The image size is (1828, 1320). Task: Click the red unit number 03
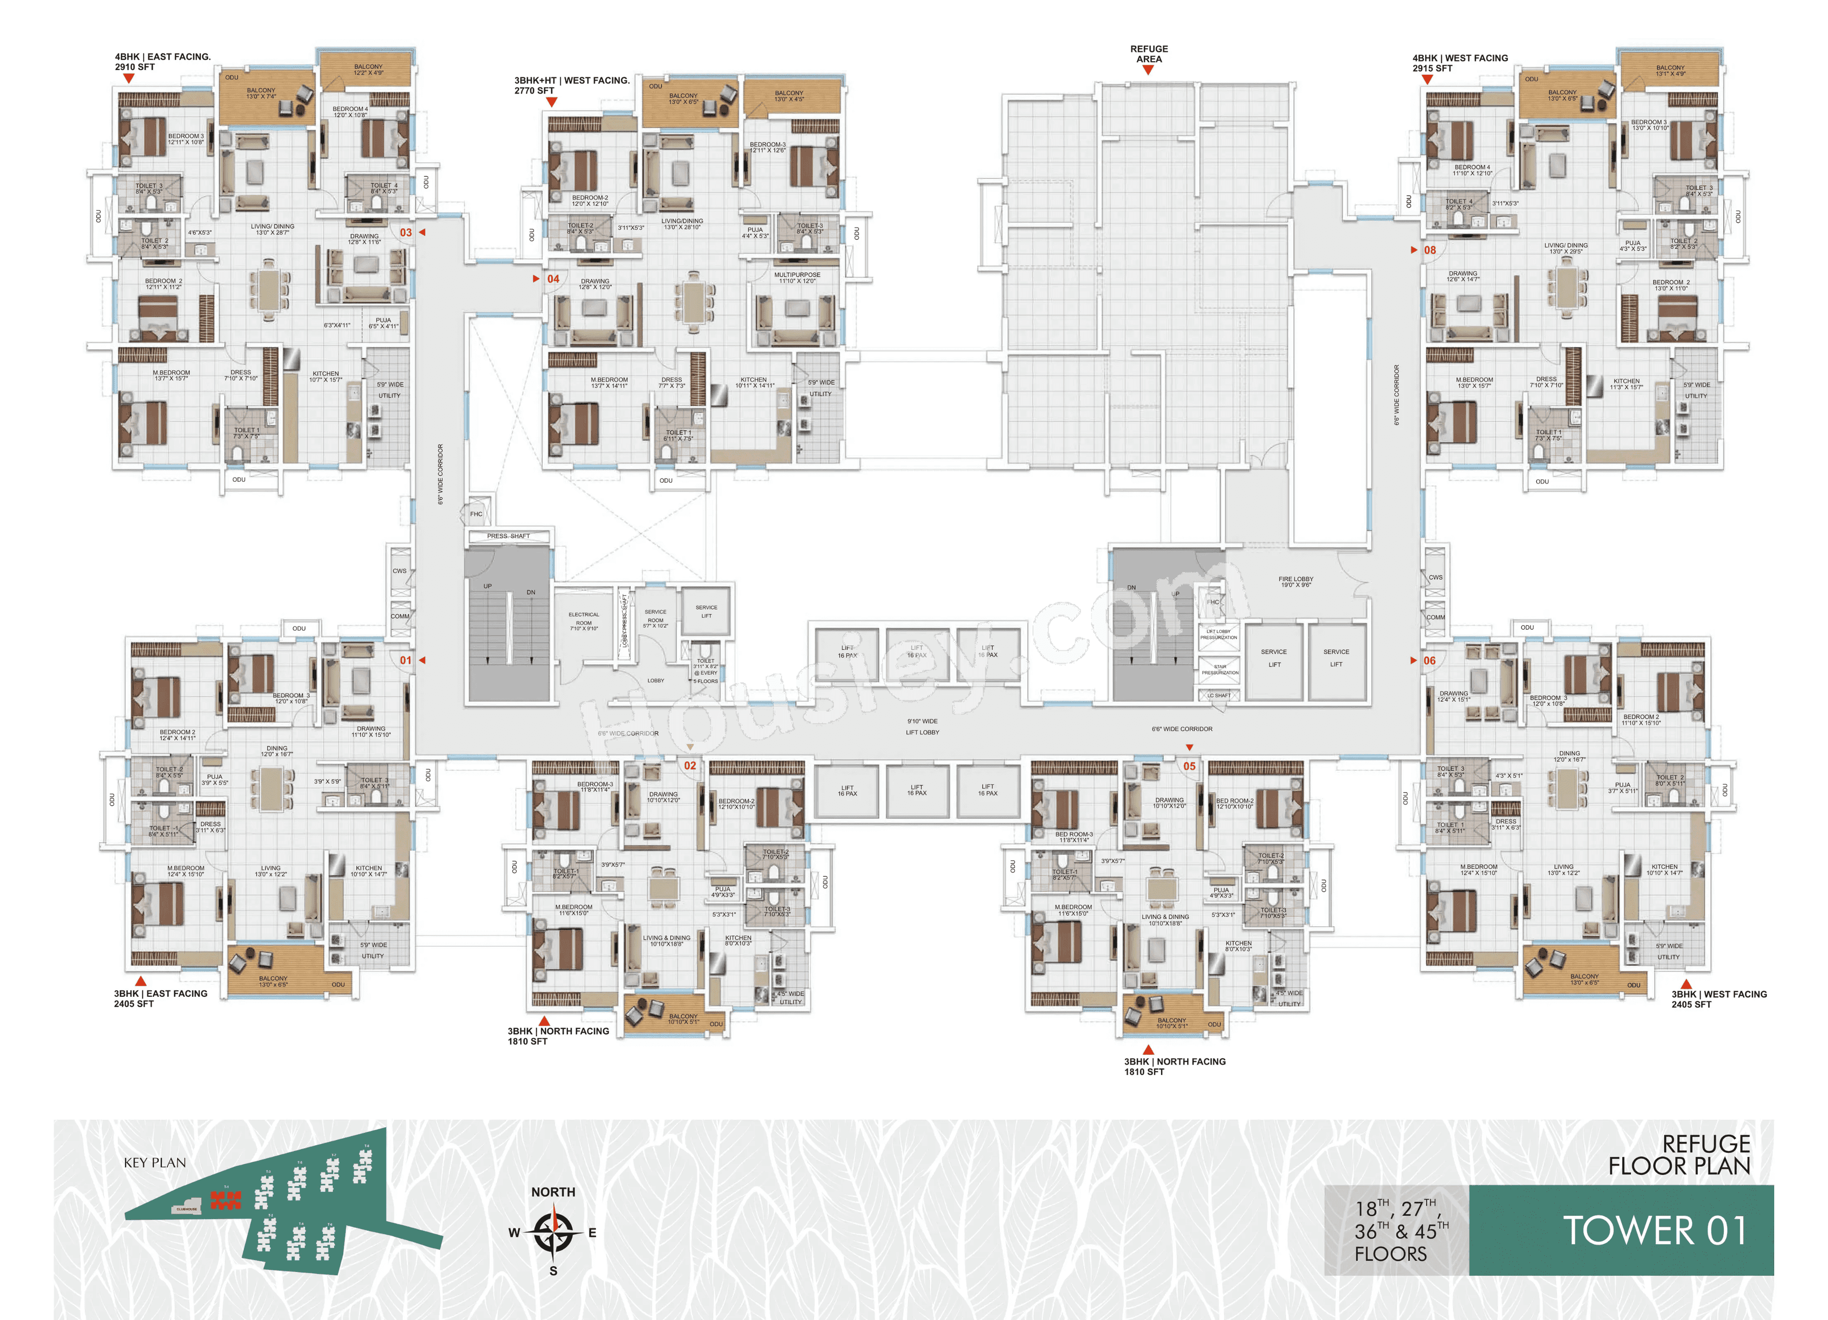(x=406, y=232)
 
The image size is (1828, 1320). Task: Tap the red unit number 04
(x=553, y=279)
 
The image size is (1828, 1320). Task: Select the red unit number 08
(x=1429, y=250)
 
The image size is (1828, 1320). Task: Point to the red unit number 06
(x=1429, y=660)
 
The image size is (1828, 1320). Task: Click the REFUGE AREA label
(x=1149, y=54)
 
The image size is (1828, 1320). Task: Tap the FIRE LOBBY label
(x=1295, y=581)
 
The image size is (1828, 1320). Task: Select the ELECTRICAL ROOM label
(x=584, y=621)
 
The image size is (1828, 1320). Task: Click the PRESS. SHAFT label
(x=508, y=536)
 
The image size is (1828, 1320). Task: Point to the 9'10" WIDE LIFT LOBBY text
(x=922, y=727)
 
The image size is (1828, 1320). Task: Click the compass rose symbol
(x=553, y=1232)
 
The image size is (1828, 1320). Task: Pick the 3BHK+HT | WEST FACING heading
(x=571, y=80)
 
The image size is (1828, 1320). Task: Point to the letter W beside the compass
(x=514, y=1232)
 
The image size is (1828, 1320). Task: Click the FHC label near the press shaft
(x=477, y=513)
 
